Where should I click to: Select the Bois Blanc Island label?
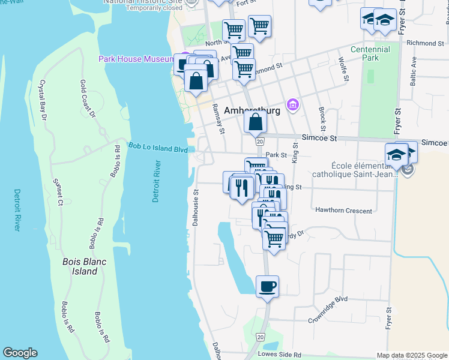80,266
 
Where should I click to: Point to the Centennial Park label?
370,53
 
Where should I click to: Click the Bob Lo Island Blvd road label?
158,148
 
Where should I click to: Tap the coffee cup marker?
267,286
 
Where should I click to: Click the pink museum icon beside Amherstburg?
292,105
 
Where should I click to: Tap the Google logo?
20,353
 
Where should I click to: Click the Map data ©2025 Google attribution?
412,355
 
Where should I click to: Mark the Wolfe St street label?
344,69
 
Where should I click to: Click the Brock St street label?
322,119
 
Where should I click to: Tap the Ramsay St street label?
217,118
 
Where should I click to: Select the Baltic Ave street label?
414,70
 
